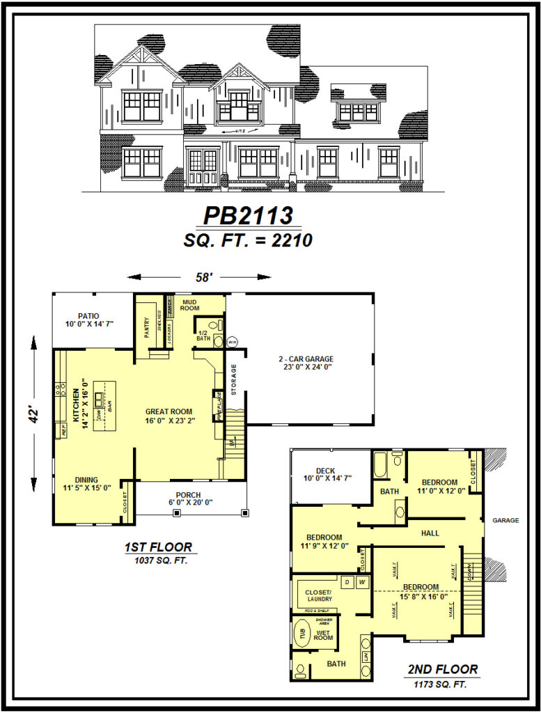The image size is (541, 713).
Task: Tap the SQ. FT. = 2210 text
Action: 248,240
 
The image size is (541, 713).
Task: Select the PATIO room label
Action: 88,315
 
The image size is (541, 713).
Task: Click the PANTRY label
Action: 148,327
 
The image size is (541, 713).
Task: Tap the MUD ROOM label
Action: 190,304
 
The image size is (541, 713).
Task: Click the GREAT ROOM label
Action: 168,412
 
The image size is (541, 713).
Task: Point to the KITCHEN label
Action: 75,409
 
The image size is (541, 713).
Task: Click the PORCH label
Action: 189,494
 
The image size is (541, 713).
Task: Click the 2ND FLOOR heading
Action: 443,670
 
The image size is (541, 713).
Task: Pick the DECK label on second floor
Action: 325,471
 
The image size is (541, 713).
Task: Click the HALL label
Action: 430,533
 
